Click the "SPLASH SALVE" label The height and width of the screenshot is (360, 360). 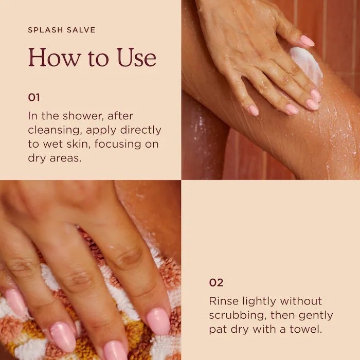[62, 30]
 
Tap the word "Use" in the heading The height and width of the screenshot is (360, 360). [137, 57]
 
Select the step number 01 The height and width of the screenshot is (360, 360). [34, 97]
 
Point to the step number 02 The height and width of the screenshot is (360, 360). [216, 282]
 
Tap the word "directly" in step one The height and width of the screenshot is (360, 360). [141, 130]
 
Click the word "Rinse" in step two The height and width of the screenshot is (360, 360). [223, 301]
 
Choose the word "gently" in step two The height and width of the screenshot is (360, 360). [316, 316]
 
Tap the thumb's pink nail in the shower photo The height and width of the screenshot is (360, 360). [308, 41]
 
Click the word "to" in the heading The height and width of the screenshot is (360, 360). [98, 59]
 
